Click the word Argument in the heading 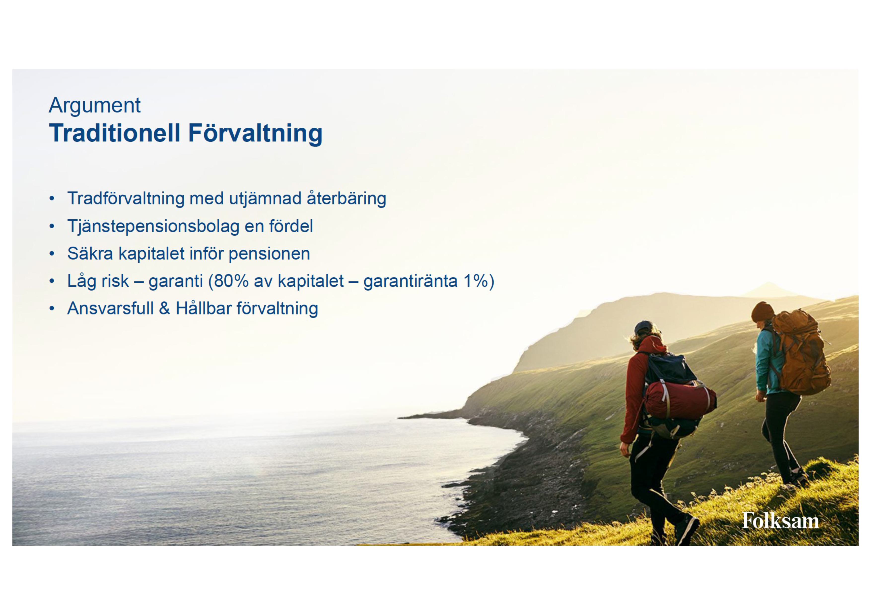point(95,106)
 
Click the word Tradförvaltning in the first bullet point(126,198)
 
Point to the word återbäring point(346,198)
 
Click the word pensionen point(269,254)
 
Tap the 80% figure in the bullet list point(231,281)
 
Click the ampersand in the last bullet point(164,308)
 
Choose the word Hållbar point(204,308)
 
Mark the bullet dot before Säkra point(52,254)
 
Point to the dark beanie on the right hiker point(763,312)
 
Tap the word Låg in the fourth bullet point(82,281)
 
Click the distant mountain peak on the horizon point(768,284)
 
